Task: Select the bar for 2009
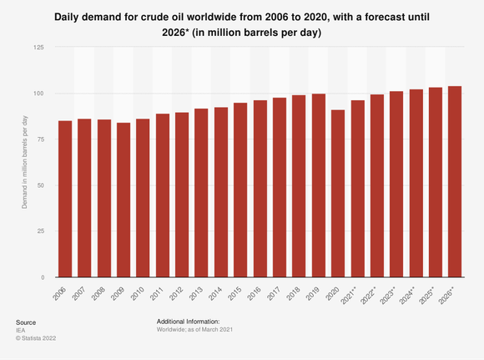(124, 200)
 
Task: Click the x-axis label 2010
(139, 292)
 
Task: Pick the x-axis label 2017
(276, 292)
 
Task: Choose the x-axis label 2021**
(352, 294)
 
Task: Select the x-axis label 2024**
(411, 294)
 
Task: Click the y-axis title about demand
(26, 162)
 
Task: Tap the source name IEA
(20, 331)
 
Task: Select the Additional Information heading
(188, 322)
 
